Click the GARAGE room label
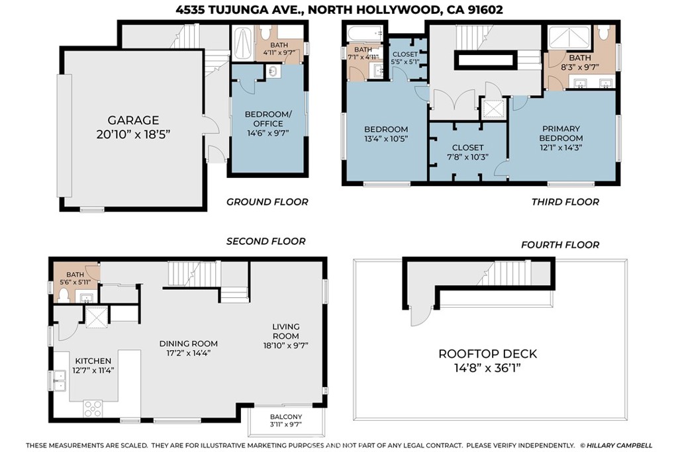click(x=133, y=120)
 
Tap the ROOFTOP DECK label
click(x=488, y=354)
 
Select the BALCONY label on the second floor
click(x=286, y=416)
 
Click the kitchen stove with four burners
click(x=93, y=408)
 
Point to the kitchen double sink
click(x=59, y=381)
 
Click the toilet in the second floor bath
click(x=64, y=295)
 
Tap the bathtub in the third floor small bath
click(x=365, y=33)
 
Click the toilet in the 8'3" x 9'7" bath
click(x=604, y=32)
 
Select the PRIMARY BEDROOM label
click(x=561, y=133)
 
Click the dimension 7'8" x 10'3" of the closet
click(x=467, y=157)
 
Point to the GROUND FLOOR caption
click(x=267, y=202)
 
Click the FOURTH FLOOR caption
click(x=560, y=245)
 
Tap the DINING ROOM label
click(x=189, y=343)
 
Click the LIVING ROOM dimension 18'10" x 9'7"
click(x=286, y=345)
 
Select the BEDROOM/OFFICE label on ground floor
click(x=268, y=119)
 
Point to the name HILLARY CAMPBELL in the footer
click(x=619, y=445)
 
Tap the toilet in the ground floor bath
click(x=266, y=33)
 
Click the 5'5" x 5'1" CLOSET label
click(x=405, y=58)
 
